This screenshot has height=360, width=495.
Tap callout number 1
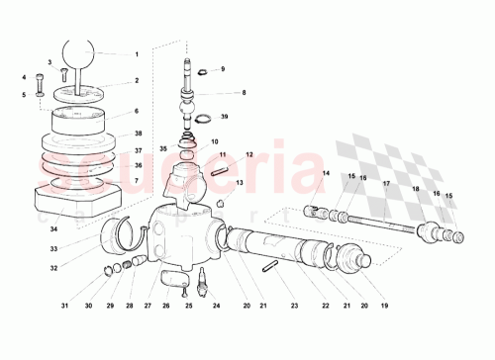pyautogui.click(x=137, y=53)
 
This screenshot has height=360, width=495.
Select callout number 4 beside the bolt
pyautogui.click(x=24, y=76)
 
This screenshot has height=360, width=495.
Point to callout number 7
pyautogui.click(x=137, y=180)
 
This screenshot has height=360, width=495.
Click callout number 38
pyautogui.click(x=137, y=133)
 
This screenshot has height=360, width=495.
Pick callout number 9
pyautogui.click(x=222, y=69)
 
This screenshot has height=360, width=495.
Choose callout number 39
pyautogui.click(x=225, y=117)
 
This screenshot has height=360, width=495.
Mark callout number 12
pyautogui.click(x=249, y=154)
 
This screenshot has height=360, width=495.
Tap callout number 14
pyautogui.click(x=324, y=174)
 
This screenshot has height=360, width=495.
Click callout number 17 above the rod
pyautogui.click(x=385, y=184)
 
